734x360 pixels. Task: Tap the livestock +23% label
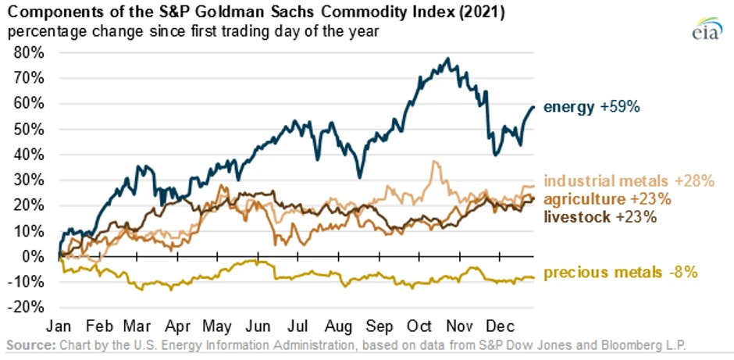click(600, 216)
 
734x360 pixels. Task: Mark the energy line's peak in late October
click(447, 59)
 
